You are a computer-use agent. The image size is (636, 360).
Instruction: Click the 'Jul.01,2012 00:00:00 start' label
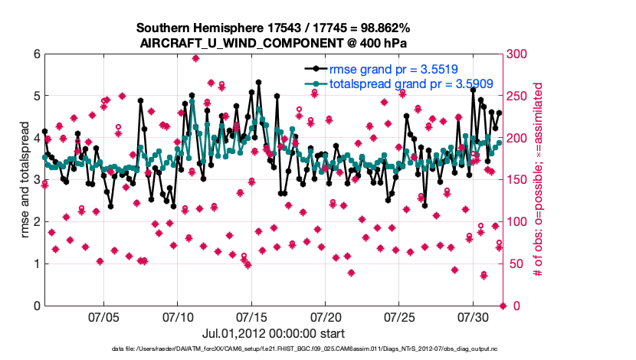coord(273,334)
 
